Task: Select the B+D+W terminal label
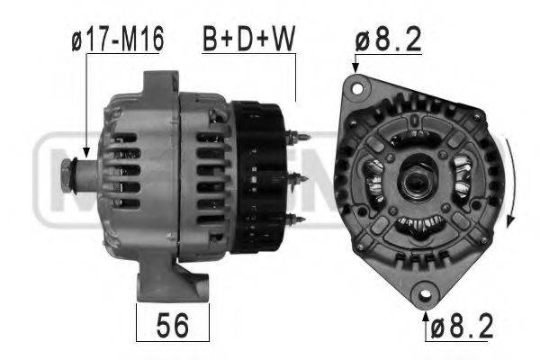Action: [248, 39]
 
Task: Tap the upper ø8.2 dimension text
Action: [389, 39]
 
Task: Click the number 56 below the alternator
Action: [173, 325]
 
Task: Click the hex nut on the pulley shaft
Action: [66, 174]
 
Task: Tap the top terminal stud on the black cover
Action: [297, 137]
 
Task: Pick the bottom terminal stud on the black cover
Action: [295, 219]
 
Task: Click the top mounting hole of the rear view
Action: [357, 88]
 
